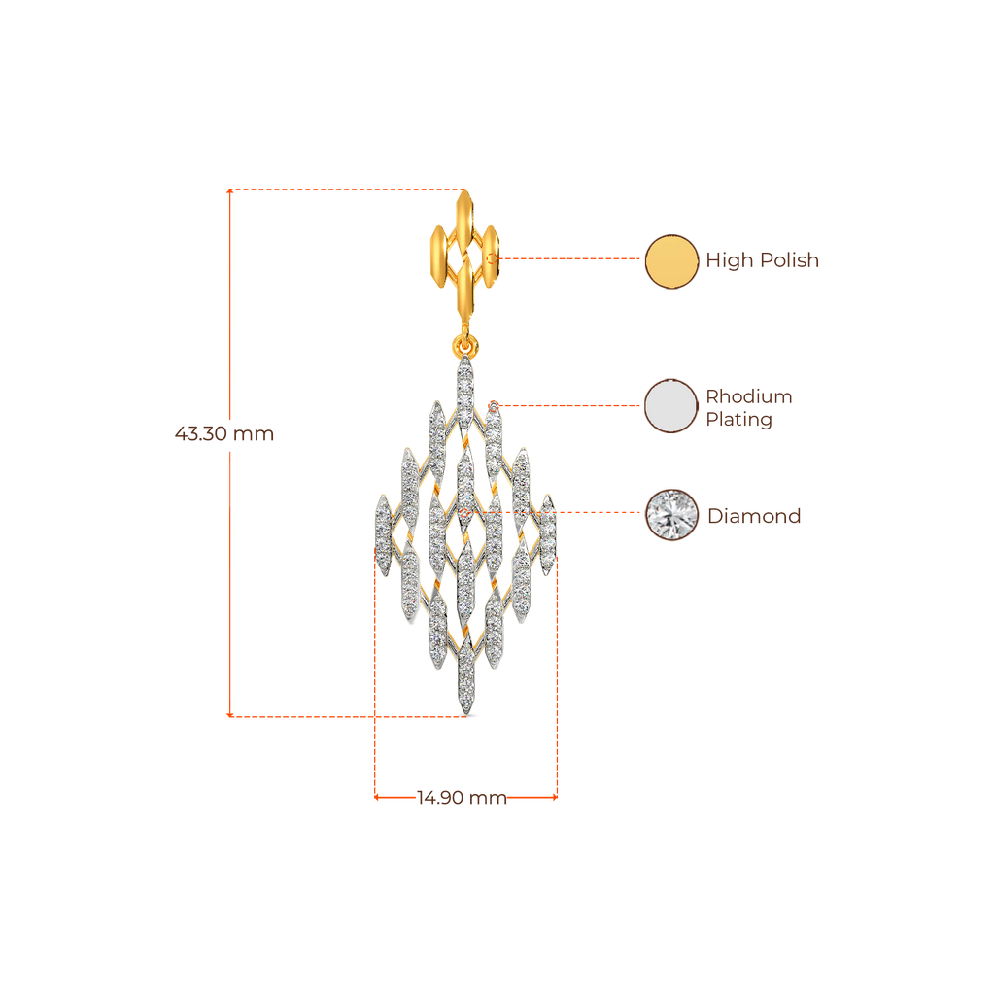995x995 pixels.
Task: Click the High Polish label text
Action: click(762, 260)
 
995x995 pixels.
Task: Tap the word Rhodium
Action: click(748, 396)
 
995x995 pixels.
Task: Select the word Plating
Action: click(738, 421)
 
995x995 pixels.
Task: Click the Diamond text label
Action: click(754, 516)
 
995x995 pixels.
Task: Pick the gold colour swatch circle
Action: click(671, 260)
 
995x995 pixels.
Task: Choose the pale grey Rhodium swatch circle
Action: click(671, 405)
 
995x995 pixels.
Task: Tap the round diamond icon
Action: click(671, 515)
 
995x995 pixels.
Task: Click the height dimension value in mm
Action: click(224, 433)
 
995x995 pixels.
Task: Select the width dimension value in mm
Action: click(462, 799)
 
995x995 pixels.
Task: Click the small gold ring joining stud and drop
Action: click(465, 346)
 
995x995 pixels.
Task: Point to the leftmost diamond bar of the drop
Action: click(383, 533)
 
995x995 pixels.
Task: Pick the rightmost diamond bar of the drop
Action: click(549, 533)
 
